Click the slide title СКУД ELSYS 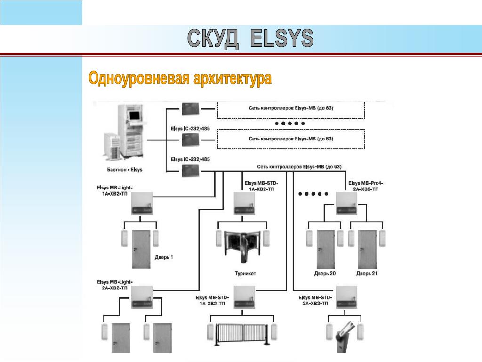(250, 39)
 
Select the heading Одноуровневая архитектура (180, 79)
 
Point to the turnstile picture (243, 246)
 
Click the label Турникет (245, 273)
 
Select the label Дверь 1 (164, 257)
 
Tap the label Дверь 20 (325, 273)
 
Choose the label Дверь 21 (367, 273)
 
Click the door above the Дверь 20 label (326, 248)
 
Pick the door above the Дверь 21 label (367, 248)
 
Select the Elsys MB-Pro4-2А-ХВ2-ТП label (366, 186)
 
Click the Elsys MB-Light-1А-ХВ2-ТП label (114, 190)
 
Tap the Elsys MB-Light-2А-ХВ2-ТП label (114, 285)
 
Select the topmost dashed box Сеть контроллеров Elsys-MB (291, 109)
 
